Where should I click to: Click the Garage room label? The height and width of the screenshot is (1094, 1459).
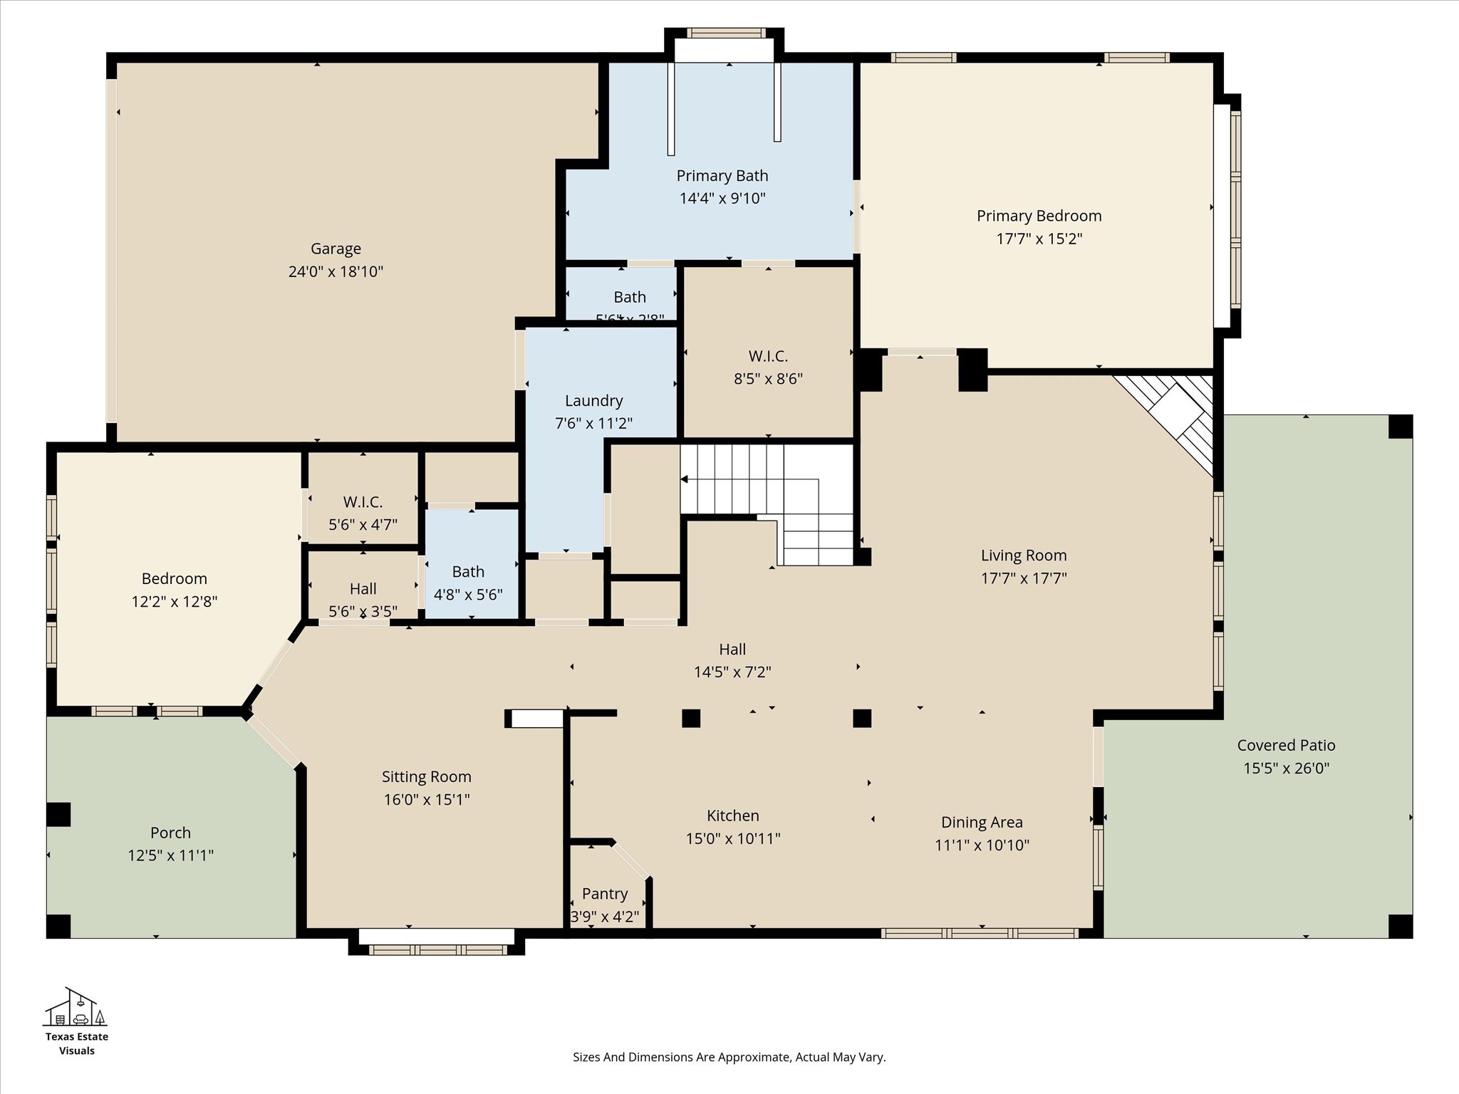(336, 249)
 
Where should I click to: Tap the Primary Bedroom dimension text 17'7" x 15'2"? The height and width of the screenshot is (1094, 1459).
(1039, 239)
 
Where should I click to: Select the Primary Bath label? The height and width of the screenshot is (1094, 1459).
(722, 176)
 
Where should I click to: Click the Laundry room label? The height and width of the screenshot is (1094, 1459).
(593, 401)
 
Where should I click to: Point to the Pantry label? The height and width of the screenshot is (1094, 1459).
(604, 894)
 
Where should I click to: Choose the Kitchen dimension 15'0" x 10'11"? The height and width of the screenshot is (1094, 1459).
(732, 838)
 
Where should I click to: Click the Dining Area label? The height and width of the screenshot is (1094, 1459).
(981, 823)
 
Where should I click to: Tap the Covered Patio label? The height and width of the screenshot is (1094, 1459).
(1285, 746)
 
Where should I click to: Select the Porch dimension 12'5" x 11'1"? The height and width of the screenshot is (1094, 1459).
(170, 855)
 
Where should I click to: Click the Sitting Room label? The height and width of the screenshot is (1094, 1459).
(426, 777)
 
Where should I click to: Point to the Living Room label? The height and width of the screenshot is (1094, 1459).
(1023, 556)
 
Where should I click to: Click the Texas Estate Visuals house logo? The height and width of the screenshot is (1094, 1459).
(76, 1007)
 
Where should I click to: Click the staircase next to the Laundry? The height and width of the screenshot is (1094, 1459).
(766, 499)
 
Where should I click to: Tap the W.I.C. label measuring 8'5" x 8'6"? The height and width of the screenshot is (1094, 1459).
(767, 356)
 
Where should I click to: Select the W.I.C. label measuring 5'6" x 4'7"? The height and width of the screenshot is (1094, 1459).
(363, 502)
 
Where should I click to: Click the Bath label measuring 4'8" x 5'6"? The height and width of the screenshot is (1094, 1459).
(468, 572)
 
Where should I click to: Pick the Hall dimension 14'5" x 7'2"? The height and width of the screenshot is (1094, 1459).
(732, 672)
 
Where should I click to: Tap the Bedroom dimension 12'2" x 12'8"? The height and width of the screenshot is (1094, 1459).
(174, 602)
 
